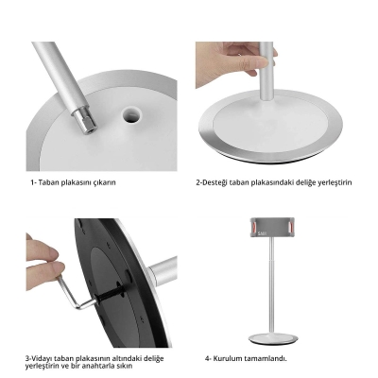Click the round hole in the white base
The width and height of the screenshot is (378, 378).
coord(131,114)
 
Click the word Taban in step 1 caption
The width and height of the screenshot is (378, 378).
coord(49,182)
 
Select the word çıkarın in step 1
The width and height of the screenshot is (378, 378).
coord(105,182)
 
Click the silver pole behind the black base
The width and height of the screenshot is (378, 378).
coord(163,271)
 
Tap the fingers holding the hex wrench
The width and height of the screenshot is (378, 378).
coord(44,262)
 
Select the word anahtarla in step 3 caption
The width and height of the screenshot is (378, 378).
coord(96,366)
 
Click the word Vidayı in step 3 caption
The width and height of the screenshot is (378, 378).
coord(42,358)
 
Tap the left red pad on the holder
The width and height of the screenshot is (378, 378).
coord(253,227)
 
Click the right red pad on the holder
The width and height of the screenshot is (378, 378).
coord(292,227)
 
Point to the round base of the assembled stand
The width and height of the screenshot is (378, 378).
coord(273,338)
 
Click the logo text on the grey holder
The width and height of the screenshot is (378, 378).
coord(262,233)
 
